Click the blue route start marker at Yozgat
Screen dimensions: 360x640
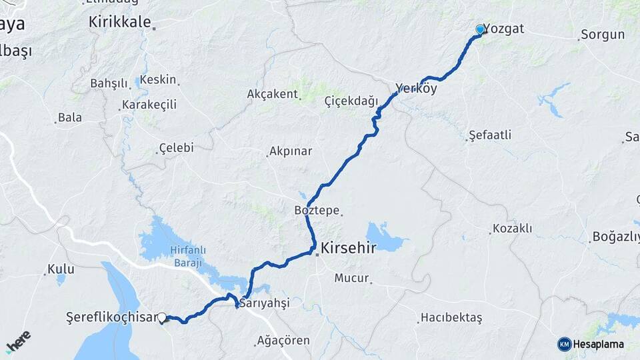[x=480, y=29]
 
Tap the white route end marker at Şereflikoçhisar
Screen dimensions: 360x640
[x=161, y=318]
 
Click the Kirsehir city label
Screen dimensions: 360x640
[x=348, y=248]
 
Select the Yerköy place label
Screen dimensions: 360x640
[x=416, y=88]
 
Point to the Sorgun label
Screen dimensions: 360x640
[x=602, y=35]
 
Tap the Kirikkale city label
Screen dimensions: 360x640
[x=120, y=21]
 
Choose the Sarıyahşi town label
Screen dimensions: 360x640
[x=267, y=303]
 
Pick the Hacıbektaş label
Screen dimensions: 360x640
[x=451, y=318]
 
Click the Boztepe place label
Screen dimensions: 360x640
[x=317, y=210]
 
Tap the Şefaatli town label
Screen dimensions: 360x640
[x=490, y=135]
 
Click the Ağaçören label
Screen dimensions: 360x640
[x=285, y=341]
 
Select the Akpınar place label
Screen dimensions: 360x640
[x=291, y=151]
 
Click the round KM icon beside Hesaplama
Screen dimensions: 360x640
[x=565, y=344]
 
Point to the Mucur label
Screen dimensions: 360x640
[x=351, y=278]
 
